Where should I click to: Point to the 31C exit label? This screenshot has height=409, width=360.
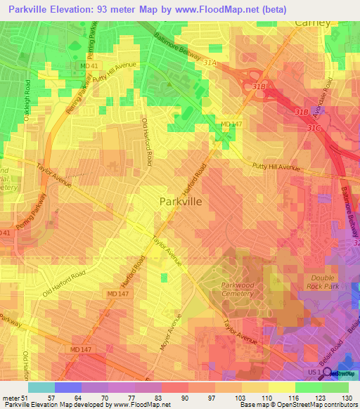click(313, 127)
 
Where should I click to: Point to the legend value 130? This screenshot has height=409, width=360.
click(347, 397)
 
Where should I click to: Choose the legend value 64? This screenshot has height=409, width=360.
click(68, 397)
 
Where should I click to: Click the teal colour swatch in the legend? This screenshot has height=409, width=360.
click(41, 387)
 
